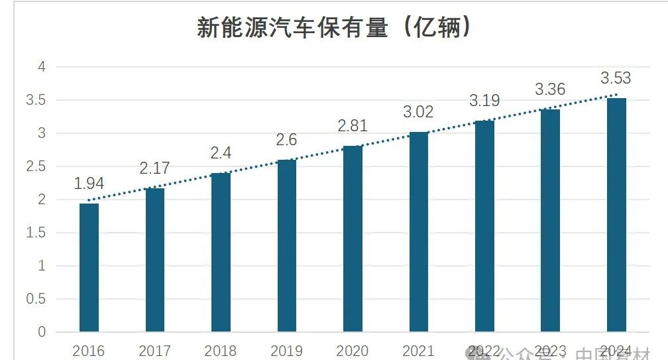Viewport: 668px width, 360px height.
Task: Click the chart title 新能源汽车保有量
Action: click(292, 28)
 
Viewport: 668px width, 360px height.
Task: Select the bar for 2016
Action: click(89, 267)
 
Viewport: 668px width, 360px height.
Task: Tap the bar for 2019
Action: click(287, 245)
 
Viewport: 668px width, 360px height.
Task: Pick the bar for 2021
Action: click(419, 231)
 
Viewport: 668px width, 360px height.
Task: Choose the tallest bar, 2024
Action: click(616, 215)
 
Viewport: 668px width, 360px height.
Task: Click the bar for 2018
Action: click(221, 252)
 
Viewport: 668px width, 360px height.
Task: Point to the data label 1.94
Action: click(89, 184)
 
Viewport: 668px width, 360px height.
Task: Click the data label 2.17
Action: click(155, 168)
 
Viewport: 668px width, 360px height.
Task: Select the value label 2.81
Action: click(353, 126)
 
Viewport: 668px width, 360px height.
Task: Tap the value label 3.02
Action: click(418, 112)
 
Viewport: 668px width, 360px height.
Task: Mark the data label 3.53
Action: click(616, 78)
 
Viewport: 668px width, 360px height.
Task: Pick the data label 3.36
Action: click(550, 90)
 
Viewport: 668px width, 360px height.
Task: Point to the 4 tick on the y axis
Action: click(42, 67)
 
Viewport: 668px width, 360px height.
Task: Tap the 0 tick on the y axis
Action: click(42, 332)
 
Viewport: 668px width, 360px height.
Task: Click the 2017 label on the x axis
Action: click(155, 351)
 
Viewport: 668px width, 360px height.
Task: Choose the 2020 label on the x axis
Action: click(353, 351)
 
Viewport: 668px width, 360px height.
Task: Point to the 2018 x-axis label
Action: click(221, 351)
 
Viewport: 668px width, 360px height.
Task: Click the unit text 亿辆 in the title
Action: click(437, 28)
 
